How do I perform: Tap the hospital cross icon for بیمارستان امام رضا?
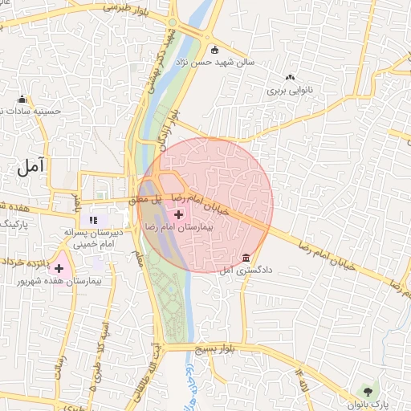(x=178, y=215)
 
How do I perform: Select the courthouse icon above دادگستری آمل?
(x=246, y=258)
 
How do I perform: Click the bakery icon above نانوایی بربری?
(x=289, y=78)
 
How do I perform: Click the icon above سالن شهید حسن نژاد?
(x=214, y=49)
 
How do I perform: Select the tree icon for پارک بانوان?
(x=368, y=391)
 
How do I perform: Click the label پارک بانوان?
(x=376, y=404)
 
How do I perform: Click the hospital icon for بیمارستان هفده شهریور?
(x=59, y=267)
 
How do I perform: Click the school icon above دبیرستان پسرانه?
(x=92, y=219)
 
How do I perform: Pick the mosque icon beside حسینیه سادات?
(x=22, y=101)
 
